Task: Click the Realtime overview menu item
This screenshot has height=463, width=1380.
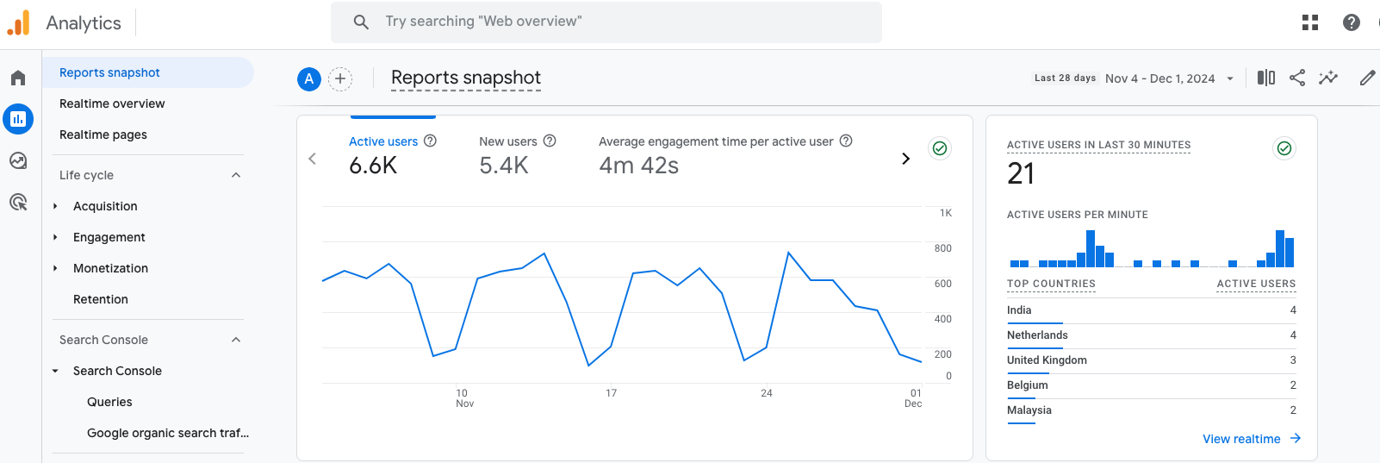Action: coord(112,103)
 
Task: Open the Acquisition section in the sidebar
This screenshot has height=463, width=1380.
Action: coord(105,206)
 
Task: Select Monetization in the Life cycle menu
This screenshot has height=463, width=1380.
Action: coord(110,268)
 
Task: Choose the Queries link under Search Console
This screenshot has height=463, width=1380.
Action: coord(109,402)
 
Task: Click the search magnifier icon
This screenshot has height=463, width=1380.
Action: coord(361,22)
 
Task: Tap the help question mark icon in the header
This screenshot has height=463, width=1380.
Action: coord(1351,22)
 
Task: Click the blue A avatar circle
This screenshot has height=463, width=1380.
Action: coord(309,79)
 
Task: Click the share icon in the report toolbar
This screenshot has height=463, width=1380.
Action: coord(1296,78)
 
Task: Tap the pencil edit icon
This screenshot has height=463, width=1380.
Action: coord(1367,78)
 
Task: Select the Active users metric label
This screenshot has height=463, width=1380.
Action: coord(383,141)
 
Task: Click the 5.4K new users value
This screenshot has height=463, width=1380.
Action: coord(504,166)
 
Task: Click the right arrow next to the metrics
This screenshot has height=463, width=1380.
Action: coord(905,159)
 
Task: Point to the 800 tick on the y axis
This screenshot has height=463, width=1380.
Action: coord(942,248)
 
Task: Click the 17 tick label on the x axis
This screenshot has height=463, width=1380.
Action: coord(611,393)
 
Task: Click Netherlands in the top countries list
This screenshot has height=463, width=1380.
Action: coord(1037,335)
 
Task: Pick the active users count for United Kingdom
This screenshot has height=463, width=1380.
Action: coord(1292,360)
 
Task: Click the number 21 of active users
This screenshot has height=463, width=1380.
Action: coord(1021,174)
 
